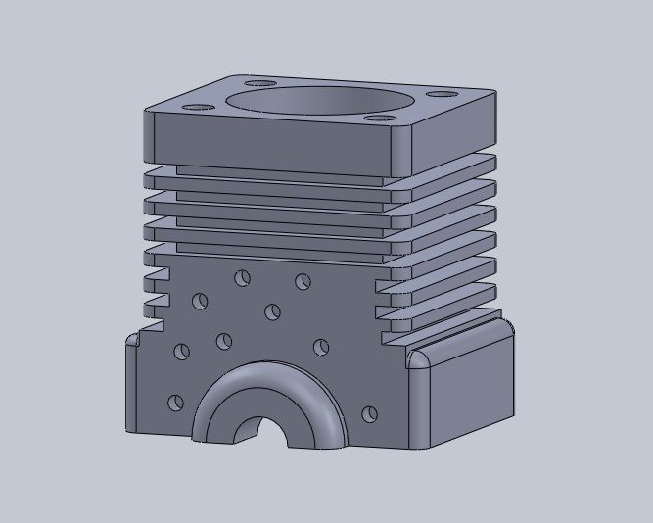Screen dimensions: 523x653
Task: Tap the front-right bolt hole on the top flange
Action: (x=379, y=119)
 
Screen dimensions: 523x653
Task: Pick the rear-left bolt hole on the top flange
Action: (x=259, y=83)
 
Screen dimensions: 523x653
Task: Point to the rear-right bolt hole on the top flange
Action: (x=442, y=95)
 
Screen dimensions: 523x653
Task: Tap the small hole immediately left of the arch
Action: (x=175, y=403)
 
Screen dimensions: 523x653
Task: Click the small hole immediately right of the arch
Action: (x=369, y=414)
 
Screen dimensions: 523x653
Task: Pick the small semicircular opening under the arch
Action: (x=258, y=431)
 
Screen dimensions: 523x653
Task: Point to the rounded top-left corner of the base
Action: (x=131, y=341)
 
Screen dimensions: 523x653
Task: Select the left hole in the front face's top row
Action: (x=242, y=278)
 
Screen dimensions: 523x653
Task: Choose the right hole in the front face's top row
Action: (x=303, y=282)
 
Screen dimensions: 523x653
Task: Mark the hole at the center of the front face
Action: (x=272, y=312)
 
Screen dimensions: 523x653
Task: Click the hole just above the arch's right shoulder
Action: (x=320, y=347)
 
